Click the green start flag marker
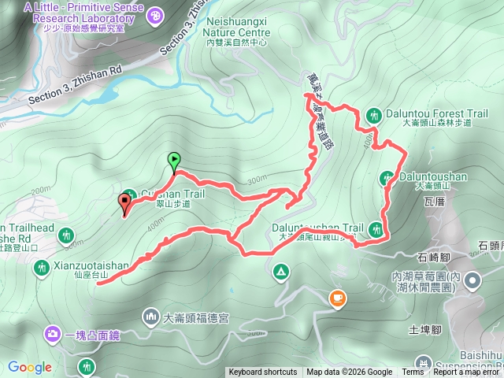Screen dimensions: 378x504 (173, 160)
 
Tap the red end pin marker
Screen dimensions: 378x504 (124, 203)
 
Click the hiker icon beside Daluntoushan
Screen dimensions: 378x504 (387, 178)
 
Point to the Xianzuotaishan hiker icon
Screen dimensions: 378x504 (41, 269)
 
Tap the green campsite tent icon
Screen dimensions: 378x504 (280, 272)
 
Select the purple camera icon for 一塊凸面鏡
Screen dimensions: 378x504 (52, 334)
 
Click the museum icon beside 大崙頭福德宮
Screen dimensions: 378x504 (150, 317)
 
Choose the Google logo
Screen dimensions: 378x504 (29, 367)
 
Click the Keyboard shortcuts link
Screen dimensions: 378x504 (262, 372)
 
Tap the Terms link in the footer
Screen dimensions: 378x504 (413, 372)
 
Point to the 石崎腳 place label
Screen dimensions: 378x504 (434, 256)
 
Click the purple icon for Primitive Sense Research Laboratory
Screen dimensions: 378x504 (155, 15)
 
